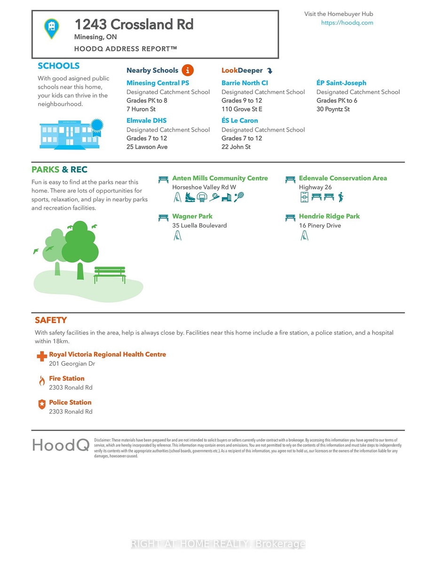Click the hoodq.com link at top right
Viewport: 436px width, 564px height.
point(347,23)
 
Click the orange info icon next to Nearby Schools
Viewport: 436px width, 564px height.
point(187,70)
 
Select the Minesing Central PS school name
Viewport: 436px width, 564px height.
point(158,83)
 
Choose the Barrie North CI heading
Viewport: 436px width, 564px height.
point(245,83)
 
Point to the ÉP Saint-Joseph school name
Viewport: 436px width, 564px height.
point(341,83)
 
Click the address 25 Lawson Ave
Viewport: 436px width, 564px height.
point(147,147)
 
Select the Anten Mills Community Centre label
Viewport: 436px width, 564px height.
point(220,179)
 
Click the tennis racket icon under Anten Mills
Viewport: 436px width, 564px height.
point(239,197)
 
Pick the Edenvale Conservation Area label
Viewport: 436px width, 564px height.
point(342,179)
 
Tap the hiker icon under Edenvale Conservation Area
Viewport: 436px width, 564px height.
point(341,197)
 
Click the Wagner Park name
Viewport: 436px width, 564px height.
point(192,217)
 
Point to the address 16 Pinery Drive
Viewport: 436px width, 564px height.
point(320,226)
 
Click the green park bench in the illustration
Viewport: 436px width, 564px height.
point(110,274)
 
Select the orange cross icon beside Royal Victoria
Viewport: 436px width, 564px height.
point(42,357)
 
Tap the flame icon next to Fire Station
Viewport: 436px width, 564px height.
point(42,381)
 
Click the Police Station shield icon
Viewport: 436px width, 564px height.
point(42,405)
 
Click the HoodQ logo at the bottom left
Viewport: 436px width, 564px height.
point(61,445)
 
